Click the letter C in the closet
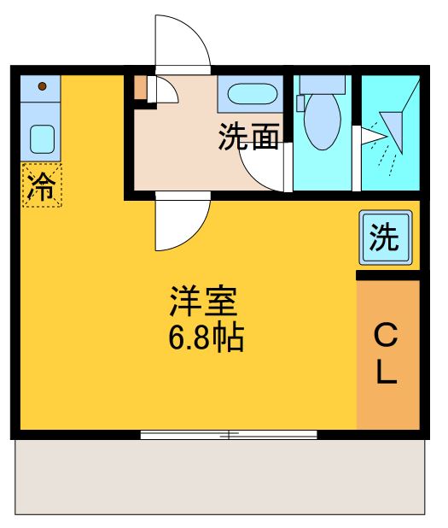point(387,335)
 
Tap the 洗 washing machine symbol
point(384,238)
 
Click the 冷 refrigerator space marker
point(41,185)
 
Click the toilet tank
point(323,84)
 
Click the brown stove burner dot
point(41,86)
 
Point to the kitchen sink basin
point(41,137)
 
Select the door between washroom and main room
point(181,224)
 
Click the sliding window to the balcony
point(229,435)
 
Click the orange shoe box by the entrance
point(141,87)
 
